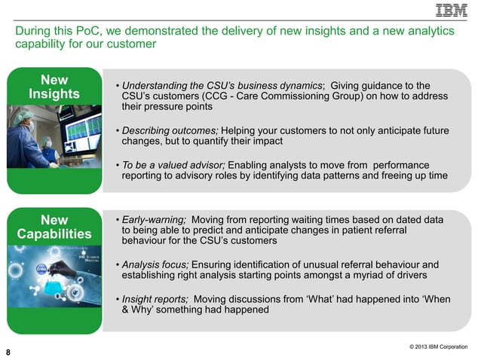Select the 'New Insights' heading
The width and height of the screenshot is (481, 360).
pyautogui.click(x=54, y=87)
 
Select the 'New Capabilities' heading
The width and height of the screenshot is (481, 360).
pyautogui.click(x=54, y=226)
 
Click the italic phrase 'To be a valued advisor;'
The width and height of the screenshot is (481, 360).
pyautogui.click(x=173, y=164)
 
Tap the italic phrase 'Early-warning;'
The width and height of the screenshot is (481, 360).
pyautogui.click(x=154, y=219)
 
